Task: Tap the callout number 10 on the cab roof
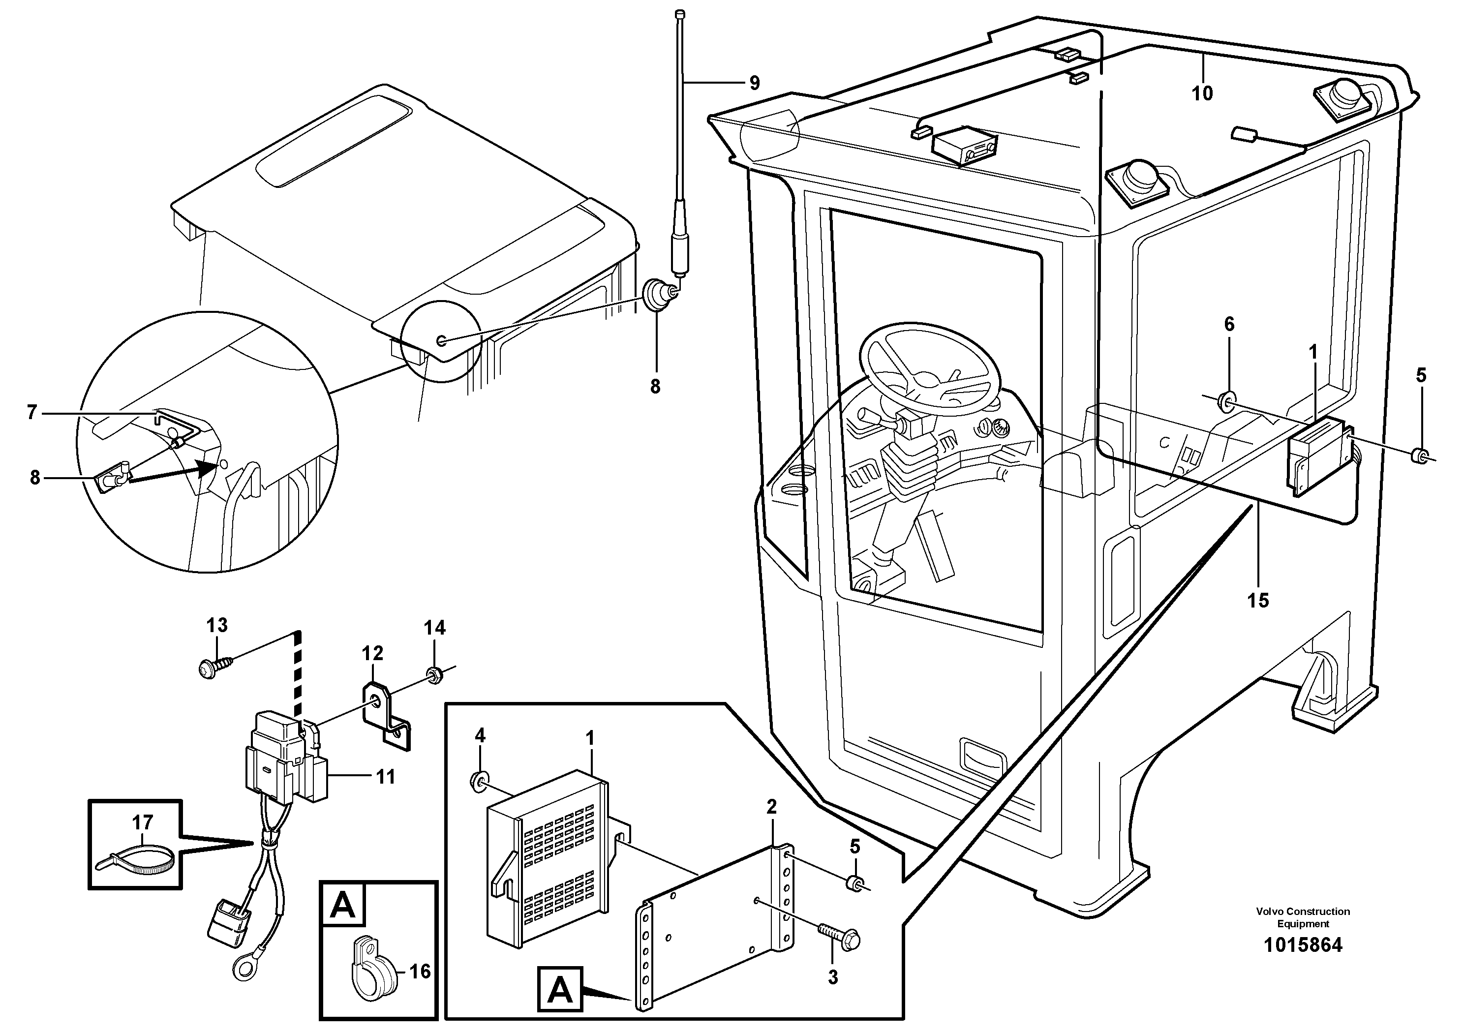click(1202, 94)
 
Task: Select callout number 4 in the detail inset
click(480, 736)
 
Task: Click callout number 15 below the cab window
click(1258, 600)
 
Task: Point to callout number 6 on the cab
click(1229, 325)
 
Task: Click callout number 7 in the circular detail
click(32, 412)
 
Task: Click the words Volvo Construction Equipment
click(1303, 917)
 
